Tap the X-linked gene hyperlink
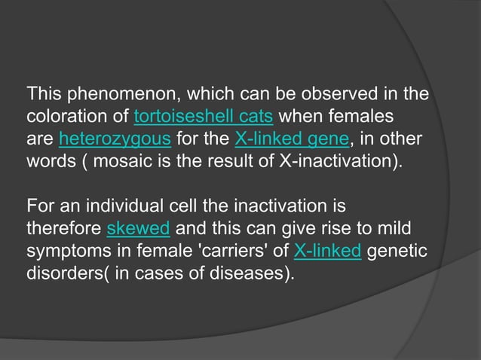tap(283, 139)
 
